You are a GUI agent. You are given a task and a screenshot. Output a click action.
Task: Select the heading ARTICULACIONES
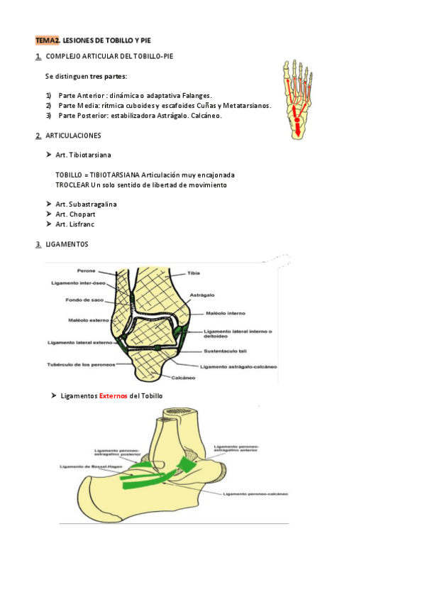click(x=73, y=135)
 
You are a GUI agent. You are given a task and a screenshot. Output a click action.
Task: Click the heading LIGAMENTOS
click(x=66, y=244)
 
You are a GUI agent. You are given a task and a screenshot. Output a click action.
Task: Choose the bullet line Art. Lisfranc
click(x=75, y=224)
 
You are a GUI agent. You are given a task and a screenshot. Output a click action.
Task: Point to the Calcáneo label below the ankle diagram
click(x=183, y=378)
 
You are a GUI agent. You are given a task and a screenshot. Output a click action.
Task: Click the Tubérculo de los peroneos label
click(x=82, y=365)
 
